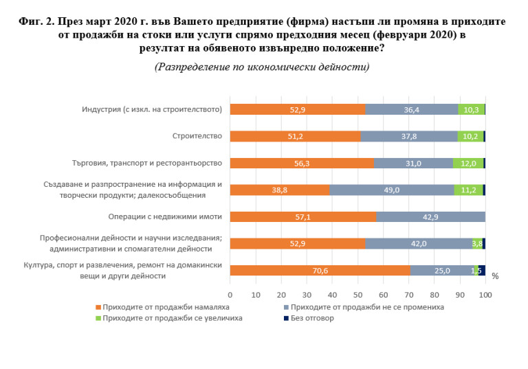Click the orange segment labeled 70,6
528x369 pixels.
click(x=320, y=271)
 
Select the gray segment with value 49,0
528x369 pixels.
click(x=392, y=190)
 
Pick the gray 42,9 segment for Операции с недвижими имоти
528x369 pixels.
click(x=430, y=217)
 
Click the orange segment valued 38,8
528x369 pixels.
click(x=279, y=190)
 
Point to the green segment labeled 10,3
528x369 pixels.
click(x=471, y=109)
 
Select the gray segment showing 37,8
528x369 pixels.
click(x=409, y=136)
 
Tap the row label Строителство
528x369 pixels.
click(x=197, y=136)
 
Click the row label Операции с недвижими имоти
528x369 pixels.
click(x=165, y=217)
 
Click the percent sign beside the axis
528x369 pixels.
click(x=495, y=276)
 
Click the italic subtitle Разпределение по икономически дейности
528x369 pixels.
click(x=262, y=67)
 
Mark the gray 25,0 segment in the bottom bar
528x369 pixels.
click(x=441, y=271)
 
